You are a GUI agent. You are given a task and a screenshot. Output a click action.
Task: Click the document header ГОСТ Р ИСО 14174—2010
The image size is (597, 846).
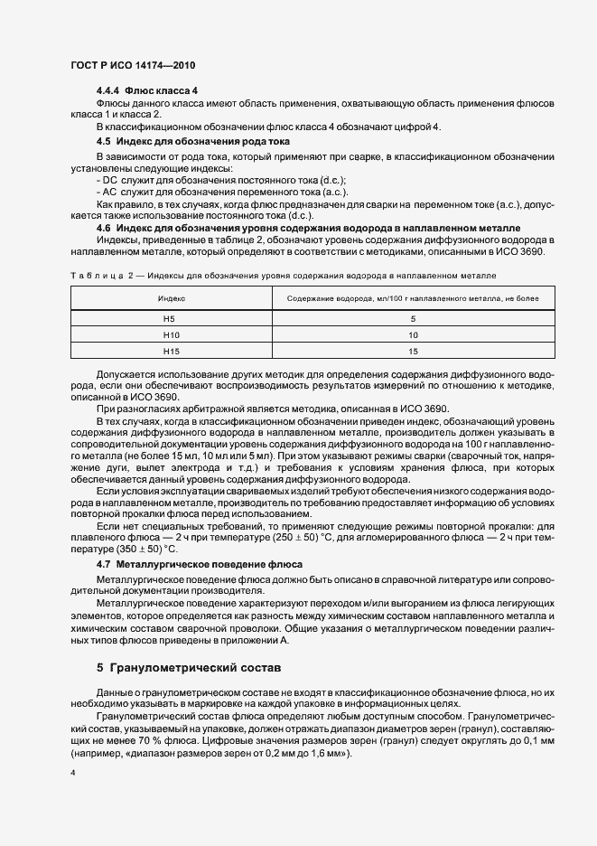click(x=132, y=66)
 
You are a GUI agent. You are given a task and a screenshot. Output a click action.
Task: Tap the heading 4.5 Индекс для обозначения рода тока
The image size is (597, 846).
click(x=206, y=142)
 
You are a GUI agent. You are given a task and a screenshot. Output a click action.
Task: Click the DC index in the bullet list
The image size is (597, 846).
click(x=111, y=181)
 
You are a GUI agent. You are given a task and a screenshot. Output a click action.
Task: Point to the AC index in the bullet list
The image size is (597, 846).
click(x=111, y=193)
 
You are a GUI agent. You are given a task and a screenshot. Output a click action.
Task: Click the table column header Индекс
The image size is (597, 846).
click(x=172, y=297)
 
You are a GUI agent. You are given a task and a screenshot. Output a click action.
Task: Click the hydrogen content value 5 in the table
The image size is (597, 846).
click(x=413, y=318)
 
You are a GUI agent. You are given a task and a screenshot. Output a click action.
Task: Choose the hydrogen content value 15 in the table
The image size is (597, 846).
click(x=413, y=351)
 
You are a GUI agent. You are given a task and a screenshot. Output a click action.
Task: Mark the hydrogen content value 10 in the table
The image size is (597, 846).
click(x=413, y=334)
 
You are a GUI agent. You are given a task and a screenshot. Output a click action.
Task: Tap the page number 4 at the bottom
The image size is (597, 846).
click(x=72, y=774)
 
